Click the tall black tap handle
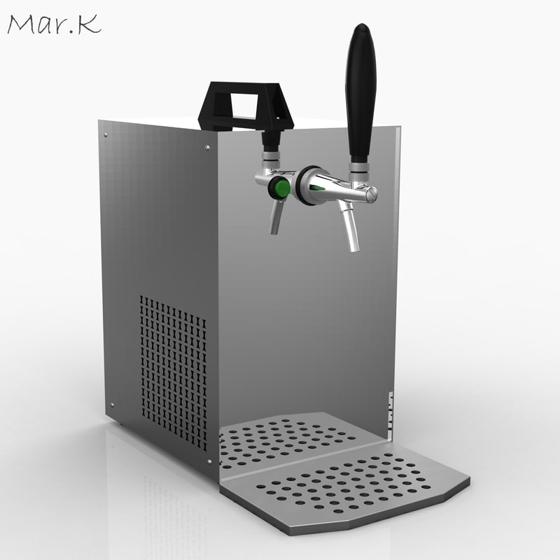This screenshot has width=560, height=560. [360, 91]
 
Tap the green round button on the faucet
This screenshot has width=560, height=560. [281, 188]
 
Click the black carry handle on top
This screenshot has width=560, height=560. [246, 105]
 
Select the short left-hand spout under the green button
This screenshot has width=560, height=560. [276, 217]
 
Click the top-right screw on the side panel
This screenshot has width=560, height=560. [206, 147]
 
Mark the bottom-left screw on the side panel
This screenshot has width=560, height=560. [111, 405]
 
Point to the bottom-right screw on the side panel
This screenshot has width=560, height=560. [209, 462]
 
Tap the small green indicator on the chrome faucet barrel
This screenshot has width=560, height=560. [318, 187]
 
